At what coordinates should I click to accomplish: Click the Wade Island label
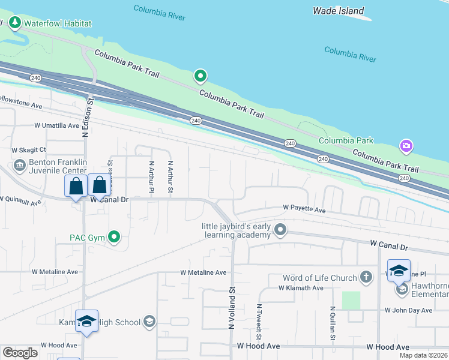[x=339, y=11]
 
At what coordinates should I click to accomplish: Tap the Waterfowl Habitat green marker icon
[x=14, y=23]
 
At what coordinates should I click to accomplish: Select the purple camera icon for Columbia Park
[x=406, y=146]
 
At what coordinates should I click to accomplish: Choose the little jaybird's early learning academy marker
[x=280, y=229]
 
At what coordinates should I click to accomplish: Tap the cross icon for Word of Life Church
[x=366, y=277]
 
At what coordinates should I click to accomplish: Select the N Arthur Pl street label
[x=151, y=177]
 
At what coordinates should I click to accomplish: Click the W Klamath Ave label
[x=301, y=288]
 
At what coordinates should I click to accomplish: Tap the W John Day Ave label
[x=408, y=310]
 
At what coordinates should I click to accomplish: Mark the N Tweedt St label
[x=259, y=322]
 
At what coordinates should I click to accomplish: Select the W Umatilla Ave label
[x=56, y=125]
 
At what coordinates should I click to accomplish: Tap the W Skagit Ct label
[x=29, y=150]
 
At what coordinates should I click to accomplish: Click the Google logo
[x=20, y=353]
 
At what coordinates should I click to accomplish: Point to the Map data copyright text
[x=423, y=355]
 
